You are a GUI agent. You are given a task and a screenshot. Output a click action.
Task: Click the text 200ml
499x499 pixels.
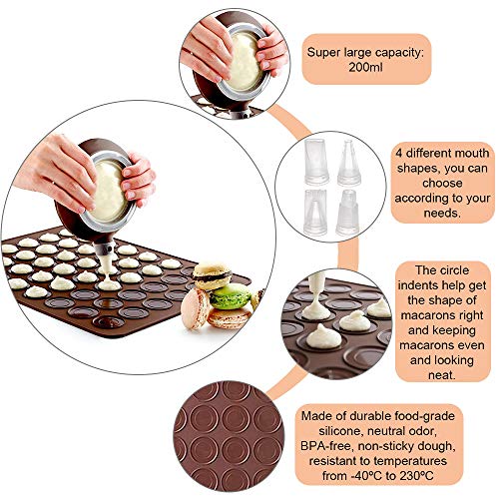[365, 67]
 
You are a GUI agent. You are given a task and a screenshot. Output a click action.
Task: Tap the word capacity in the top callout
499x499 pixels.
[399, 53]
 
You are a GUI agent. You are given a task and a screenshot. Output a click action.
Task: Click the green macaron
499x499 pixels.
[231, 295]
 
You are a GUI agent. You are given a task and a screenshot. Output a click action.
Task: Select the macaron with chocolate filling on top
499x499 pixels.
[213, 274]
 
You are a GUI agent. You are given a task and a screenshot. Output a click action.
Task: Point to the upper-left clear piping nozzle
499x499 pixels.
[316, 162]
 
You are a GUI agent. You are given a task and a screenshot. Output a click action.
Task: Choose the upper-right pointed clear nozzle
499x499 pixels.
[349, 163]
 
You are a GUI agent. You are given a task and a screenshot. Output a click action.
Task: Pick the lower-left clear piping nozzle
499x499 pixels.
[315, 213]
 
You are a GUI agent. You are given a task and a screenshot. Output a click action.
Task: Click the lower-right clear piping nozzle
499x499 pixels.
[347, 213]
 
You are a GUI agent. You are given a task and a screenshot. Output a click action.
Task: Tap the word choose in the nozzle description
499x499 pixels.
[442, 184]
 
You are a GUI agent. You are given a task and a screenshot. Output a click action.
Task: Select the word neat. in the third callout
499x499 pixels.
[442, 375]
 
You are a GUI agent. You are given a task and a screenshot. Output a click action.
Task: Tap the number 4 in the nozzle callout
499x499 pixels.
[399, 154]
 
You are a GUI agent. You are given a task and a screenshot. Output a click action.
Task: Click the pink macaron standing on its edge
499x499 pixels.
[195, 308]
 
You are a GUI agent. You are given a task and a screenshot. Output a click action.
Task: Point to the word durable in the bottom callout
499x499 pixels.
[369, 416]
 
